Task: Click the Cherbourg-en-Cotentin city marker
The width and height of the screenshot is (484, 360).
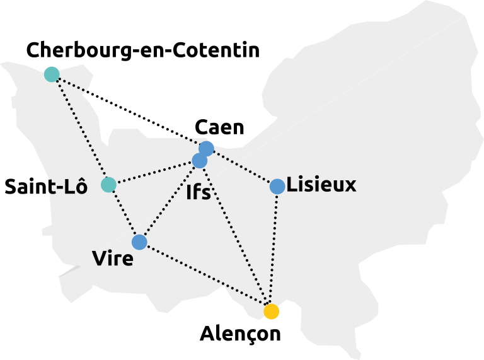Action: point(52,74)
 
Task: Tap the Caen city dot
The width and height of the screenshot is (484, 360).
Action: point(206,148)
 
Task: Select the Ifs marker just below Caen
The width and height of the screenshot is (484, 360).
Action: point(199,161)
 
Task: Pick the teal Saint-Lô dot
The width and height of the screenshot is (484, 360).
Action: point(108,185)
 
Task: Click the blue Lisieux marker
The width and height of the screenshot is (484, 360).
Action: point(277,187)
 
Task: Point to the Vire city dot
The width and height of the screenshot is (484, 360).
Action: point(139,242)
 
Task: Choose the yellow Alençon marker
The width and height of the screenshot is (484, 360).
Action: point(272,311)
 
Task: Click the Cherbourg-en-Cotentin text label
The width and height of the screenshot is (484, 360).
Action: point(143,50)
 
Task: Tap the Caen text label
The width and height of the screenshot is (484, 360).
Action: point(219,128)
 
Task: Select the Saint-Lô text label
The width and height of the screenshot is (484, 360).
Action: point(45,187)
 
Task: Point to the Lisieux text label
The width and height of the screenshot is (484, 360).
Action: point(323,185)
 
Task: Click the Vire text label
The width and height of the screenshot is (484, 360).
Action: point(113,259)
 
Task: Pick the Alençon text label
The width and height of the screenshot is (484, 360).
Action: point(241,333)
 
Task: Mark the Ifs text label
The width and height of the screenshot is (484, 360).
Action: point(199,192)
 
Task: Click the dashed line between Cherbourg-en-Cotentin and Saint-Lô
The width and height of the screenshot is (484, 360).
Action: point(80,129)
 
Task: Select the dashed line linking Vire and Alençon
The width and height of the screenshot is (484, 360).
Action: point(205,277)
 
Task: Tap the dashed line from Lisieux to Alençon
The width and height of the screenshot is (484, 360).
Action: point(274,249)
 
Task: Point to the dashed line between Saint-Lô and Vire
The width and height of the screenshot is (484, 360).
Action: point(124,214)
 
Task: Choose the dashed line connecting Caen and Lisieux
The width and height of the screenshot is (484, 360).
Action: point(242,168)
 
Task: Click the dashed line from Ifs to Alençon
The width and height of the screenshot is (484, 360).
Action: point(236,236)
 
